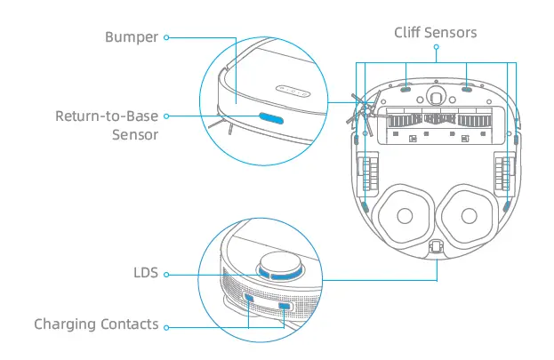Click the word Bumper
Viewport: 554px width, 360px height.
(131, 37)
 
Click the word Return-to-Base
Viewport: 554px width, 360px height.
(107, 116)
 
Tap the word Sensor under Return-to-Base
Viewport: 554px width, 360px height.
(135, 135)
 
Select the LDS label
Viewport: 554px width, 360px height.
(146, 273)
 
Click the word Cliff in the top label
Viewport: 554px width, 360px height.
(410, 33)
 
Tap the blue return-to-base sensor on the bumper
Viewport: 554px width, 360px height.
(270, 116)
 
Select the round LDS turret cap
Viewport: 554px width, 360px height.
(279, 264)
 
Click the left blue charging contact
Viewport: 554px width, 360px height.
(249, 300)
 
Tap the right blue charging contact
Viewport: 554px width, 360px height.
(285, 307)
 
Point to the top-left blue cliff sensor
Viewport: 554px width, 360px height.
(403, 89)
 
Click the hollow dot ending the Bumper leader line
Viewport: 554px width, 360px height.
(166, 37)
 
